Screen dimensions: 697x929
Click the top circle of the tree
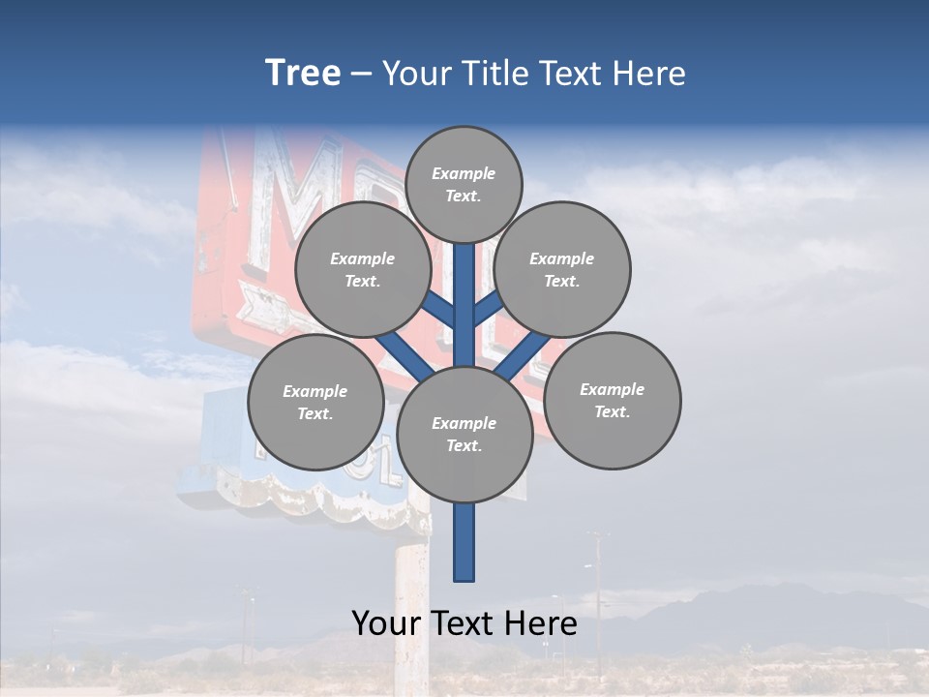pyautogui.click(x=464, y=184)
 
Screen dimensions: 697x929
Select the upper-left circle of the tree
pyautogui.click(x=362, y=269)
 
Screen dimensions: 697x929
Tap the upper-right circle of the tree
pyautogui.click(x=562, y=269)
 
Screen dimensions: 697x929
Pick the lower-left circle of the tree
pyautogui.click(x=315, y=402)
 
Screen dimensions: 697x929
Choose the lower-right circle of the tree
pyautogui.click(x=613, y=400)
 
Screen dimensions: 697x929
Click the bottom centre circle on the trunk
pyautogui.click(x=464, y=435)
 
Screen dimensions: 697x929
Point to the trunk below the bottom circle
pyautogui.click(x=464, y=542)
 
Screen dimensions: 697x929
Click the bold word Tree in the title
pyautogui.click(x=303, y=73)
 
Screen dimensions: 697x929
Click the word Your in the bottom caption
pyautogui.click(x=388, y=623)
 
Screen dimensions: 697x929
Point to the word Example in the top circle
pyautogui.click(x=464, y=173)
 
